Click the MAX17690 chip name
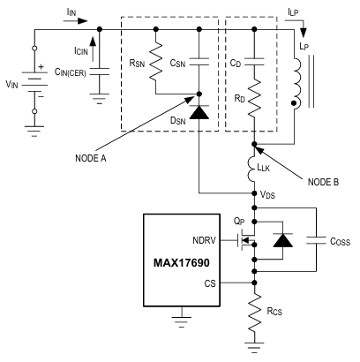[x=182, y=262]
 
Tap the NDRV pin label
[x=204, y=240]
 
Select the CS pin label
[x=210, y=283]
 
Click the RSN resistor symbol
[x=156, y=61]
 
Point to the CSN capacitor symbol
[x=199, y=62]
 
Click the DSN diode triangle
[x=199, y=112]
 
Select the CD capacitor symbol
[x=254, y=62]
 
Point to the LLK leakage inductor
[x=252, y=169]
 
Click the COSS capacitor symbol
[x=316, y=240]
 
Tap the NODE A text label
[x=91, y=158]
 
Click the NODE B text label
[x=323, y=182]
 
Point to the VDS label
[x=267, y=195]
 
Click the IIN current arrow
[x=75, y=21]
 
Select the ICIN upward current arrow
[x=93, y=49]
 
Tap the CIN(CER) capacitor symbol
[x=100, y=72]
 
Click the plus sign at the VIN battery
[x=41, y=67]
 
